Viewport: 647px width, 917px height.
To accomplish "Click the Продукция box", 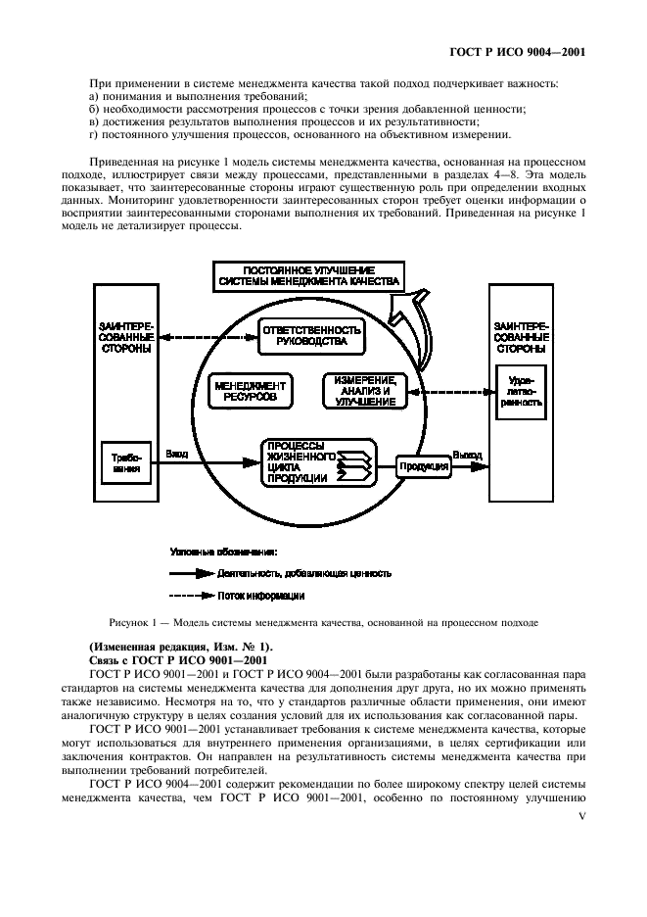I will [x=423, y=467].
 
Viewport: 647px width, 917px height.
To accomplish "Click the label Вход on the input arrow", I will [x=177, y=454].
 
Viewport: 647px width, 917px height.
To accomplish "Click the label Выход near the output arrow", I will [x=467, y=454].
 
